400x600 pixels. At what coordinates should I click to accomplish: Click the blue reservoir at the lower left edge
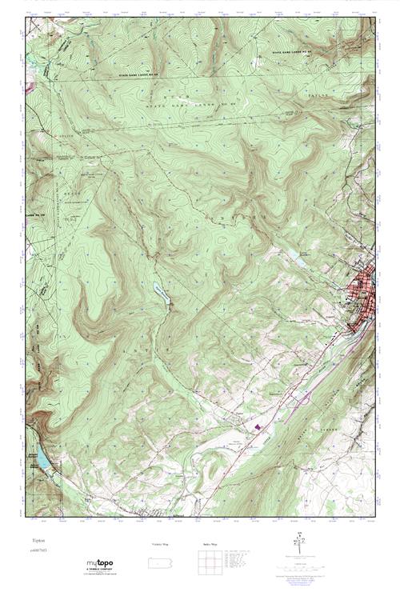pyautogui.click(x=39, y=457)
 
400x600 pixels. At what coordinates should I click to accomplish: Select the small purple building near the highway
pyautogui.click(x=257, y=427)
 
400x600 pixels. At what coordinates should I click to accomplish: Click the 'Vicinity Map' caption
pyautogui.click(x=162, y=543)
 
